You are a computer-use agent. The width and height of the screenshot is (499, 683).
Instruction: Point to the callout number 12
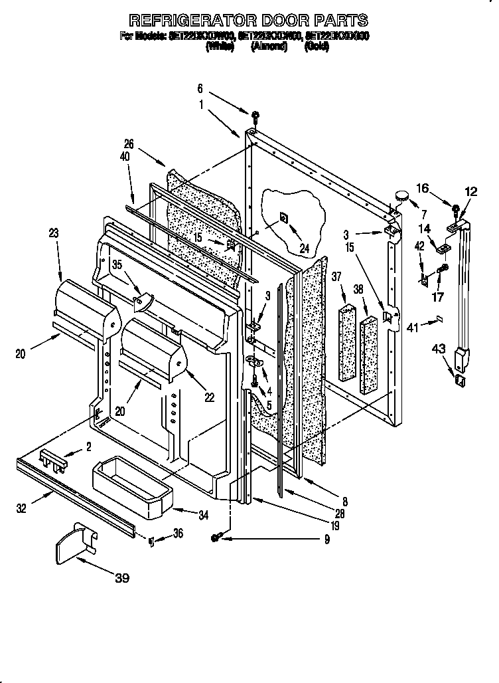coord(470,191)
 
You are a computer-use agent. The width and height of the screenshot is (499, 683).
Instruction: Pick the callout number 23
coord(53,233)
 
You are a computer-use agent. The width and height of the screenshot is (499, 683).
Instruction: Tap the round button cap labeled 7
coord(402,195)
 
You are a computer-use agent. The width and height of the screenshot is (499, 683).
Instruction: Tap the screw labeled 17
coord(444,268)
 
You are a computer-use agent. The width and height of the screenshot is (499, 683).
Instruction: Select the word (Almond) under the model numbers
coord(269,47)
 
